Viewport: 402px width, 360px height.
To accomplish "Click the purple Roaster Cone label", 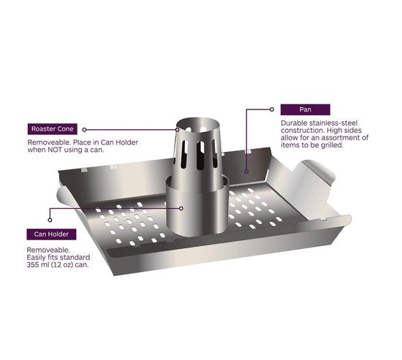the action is (x=53, y=129).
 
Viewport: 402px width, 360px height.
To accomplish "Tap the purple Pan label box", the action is (x=305, y=110).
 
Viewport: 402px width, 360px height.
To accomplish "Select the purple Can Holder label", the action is (x=51, y=234).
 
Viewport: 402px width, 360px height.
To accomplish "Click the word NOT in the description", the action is (x=55, y=150).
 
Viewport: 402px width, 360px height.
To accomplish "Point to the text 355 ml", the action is (x=38, y=264).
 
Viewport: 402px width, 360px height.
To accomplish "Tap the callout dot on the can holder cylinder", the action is (x=181, y=208).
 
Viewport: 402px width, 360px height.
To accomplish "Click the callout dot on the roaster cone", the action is (x=177, y=130).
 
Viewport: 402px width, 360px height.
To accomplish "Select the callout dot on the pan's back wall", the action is (x=246, y=172).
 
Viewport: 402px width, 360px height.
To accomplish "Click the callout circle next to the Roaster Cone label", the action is (x=84, y=130).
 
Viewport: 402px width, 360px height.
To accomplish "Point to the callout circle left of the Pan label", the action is (x=272, y=110).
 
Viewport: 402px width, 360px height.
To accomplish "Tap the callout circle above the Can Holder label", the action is (x=50, y=220).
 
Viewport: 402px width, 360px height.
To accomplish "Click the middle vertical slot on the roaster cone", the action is (x=200, y=156).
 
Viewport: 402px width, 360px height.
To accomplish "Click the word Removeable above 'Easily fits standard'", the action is (x=48, y=250).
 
